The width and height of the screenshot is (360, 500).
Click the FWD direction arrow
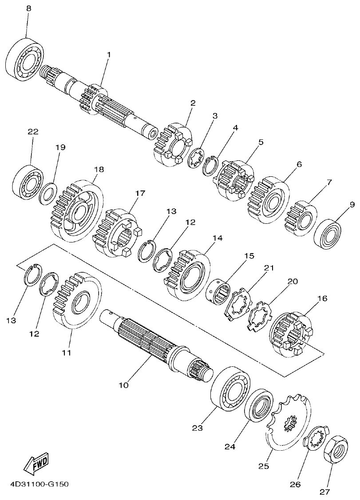pos(36,463)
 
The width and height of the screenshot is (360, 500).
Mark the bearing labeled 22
pos(27,182)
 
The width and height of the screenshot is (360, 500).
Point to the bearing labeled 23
pos(230,388)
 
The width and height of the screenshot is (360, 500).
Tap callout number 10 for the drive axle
pos(123,385)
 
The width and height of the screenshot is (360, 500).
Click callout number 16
pos(322,298)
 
